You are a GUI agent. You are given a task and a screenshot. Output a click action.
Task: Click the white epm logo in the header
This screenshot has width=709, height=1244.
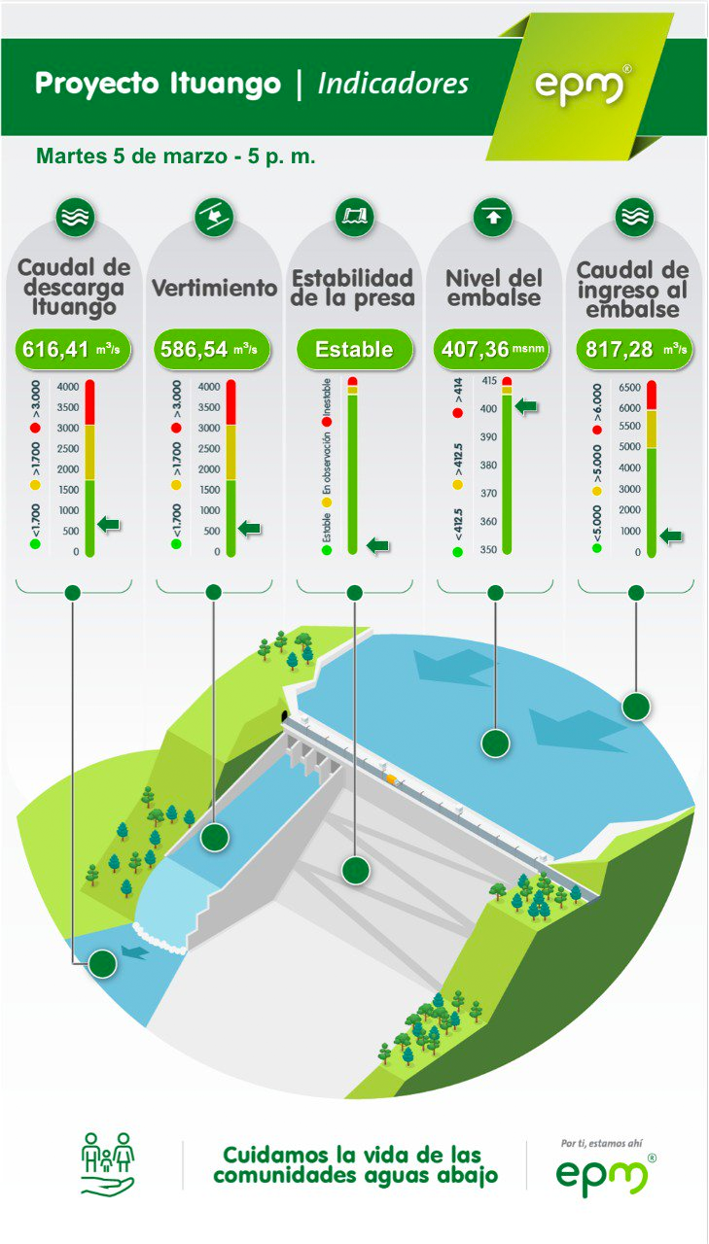coord(580,86)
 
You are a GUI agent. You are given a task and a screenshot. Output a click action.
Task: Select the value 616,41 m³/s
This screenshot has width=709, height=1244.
coord(73,349)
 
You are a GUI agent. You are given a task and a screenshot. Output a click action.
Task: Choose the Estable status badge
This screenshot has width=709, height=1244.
coord(354,349)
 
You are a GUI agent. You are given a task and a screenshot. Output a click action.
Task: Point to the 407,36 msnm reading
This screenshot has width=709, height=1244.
coord(492,349)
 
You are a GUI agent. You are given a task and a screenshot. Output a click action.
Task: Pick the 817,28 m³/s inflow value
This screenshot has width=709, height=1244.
coord(634,349)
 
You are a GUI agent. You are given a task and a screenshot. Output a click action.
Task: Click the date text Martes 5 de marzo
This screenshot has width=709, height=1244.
coord(131,156)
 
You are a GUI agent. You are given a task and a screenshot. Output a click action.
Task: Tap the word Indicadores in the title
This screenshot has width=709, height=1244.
coord(393,84)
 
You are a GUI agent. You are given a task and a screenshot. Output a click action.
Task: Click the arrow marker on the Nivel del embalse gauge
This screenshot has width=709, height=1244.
coord(526,406)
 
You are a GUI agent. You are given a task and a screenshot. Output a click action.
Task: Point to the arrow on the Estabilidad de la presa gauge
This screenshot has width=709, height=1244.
coord(377,545)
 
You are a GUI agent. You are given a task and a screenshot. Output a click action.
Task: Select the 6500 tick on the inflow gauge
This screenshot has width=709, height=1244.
coord(629,387)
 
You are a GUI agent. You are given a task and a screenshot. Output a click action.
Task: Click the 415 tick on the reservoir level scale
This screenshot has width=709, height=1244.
coord(489,381)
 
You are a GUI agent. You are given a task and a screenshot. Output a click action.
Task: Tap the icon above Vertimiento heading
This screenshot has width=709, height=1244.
coord(214,217)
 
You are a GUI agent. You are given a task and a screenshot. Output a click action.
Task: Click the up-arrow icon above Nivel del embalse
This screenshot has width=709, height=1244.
coord(493,217)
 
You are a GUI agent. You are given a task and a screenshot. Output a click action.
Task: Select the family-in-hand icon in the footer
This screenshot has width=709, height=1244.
coord(108,1164)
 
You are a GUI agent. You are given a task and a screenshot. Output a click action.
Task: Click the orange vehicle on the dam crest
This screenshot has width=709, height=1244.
coord(392,778)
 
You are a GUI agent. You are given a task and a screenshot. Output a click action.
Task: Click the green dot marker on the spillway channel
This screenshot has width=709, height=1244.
coord(215,837)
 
